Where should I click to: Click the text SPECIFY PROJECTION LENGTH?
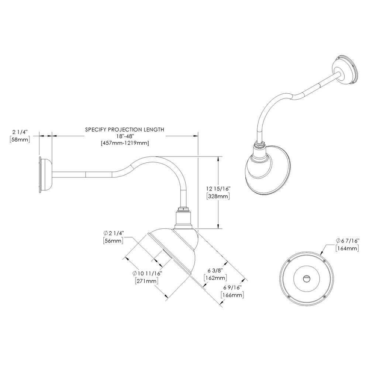coord(124,130)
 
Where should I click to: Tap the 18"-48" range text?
coord(124,136)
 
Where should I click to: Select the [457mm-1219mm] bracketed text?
coord(124,143)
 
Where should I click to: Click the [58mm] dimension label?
coord(20,139)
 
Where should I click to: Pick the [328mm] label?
coord(218,196)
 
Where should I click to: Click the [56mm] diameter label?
coord(113,240)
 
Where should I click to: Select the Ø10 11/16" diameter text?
coord(147,274)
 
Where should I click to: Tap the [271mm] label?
coord(147,281)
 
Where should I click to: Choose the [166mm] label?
coord(232,295)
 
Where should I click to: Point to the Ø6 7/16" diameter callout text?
coord(347,241)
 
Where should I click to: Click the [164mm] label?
coord(347,248)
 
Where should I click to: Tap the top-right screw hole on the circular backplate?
coord(324,261)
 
